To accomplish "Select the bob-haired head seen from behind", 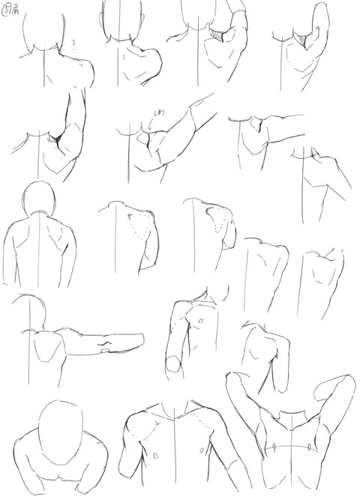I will pyautogui.click(x=37, y=200).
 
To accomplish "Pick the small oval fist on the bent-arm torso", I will pyautogui.click(x=173, y=366).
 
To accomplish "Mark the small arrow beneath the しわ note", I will pyautogui.click(x=149, y=126).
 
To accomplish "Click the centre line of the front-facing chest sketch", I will pyautogui.click(x=174, y=450).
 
